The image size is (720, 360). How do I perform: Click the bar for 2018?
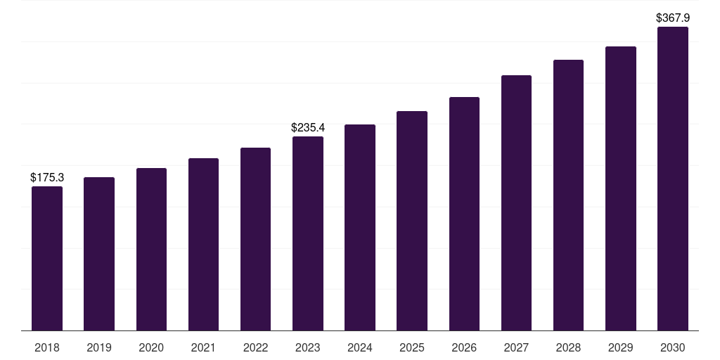point(47,258)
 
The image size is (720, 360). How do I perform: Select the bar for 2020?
point(151,249)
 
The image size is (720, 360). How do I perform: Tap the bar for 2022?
point(255,239)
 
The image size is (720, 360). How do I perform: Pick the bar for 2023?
point(308,233)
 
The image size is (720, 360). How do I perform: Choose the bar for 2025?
point(412,221)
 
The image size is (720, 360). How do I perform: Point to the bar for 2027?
point(516,202)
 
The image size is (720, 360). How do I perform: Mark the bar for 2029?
point(621,188)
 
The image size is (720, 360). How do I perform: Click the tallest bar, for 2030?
point(673,179)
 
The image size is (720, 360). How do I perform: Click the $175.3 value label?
point(47,178)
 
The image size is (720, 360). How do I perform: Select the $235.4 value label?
point(308,128)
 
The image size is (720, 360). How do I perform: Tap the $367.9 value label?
point(673,18)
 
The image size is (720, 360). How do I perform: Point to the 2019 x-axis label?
point(99,347)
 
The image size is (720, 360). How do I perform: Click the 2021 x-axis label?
point(203,347)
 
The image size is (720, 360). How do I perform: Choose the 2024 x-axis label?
point(360,347)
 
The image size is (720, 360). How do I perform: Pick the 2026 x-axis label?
point(464,347)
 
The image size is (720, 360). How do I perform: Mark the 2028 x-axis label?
point(568,347)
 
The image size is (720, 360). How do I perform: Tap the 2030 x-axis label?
point(673,347)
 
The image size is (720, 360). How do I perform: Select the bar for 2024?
point(360,227)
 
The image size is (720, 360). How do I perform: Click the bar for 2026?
point(464,214)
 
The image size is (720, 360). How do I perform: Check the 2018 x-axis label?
point(47,347)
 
